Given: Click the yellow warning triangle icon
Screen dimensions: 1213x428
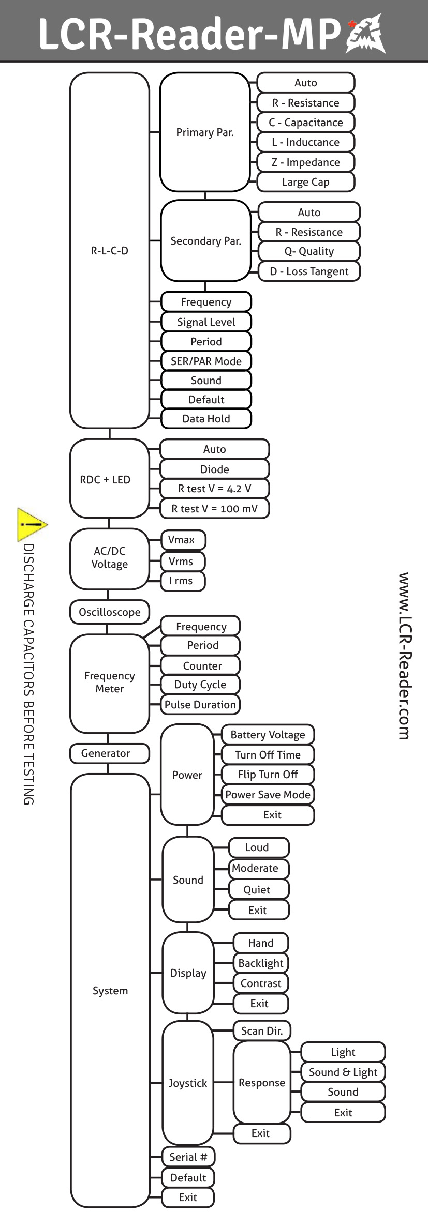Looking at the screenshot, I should click(x=31, y=524).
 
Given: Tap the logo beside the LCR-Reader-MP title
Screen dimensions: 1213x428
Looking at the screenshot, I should click(x=366, y=34).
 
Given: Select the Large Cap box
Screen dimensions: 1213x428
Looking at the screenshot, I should click(x=305, y=182).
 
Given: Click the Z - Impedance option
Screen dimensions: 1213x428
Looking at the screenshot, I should click(x=305, y=162).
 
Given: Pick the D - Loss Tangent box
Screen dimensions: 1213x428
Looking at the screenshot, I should click(x=309, y=271).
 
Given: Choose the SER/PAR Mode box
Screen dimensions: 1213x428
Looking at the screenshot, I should click(x=206, y=361).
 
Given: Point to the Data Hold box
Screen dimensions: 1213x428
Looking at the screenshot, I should click(x=206, y=419).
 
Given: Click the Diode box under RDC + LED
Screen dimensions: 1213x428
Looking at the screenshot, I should click(x=214, y=469).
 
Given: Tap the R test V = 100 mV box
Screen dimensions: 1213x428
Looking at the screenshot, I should click(x=214, y=509).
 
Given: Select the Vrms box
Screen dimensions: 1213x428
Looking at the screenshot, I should click(x=183, y=562).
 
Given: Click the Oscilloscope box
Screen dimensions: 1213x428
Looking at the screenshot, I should click(x=110, y=612).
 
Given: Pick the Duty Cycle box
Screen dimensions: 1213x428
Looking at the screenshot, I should click(x=200, y=685).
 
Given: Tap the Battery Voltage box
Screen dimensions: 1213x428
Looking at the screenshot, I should click(x=268, y=735).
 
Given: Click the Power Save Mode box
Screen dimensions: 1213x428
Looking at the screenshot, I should click(x=268, y=795).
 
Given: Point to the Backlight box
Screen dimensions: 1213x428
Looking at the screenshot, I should click(x=261, y=963).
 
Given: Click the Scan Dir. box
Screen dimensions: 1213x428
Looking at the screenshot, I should click(x=262, y=1031).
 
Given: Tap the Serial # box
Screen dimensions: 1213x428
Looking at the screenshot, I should click(x=188, y=1157).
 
